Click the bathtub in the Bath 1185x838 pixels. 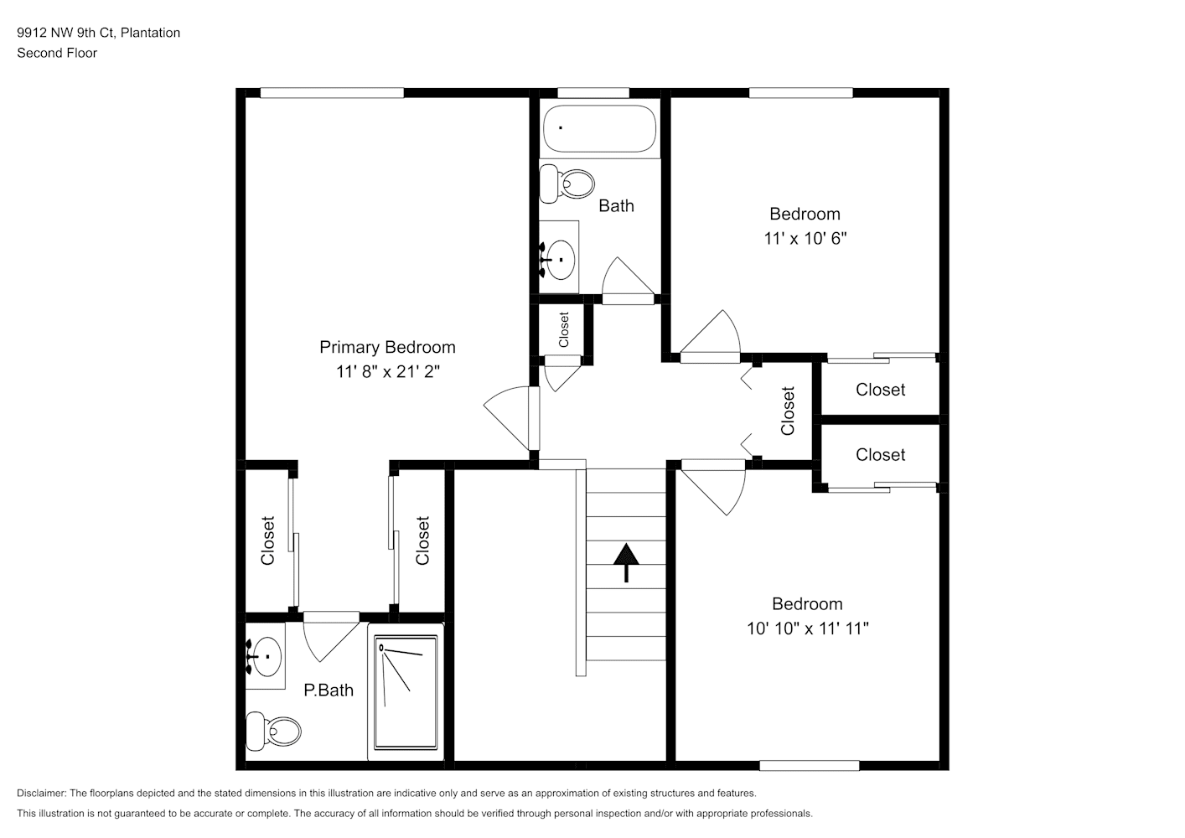point(599,128)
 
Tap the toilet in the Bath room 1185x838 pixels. point(566,184)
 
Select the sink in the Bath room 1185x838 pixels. point(559,259)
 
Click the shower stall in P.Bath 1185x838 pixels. point(406,692)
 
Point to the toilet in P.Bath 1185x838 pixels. point(273,732)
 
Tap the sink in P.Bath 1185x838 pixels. point(265,656)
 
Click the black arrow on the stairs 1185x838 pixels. point(626,562)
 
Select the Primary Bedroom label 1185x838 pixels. point(387,347)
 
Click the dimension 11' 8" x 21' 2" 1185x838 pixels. point(388,371)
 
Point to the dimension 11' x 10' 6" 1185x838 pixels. point(805,239)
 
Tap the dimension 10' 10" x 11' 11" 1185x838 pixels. point(807,628)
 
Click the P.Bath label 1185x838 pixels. point(329,690)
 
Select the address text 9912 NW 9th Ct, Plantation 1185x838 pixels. point(98,33)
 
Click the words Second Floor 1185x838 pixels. point(57,53)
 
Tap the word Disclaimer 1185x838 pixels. point(42,793)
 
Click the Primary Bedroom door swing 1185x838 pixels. point(511,418)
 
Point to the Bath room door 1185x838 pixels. point(629,281)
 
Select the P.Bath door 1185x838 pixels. point(331,637)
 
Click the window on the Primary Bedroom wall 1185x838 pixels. point(332,93)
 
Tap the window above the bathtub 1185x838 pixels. point(593,93)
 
